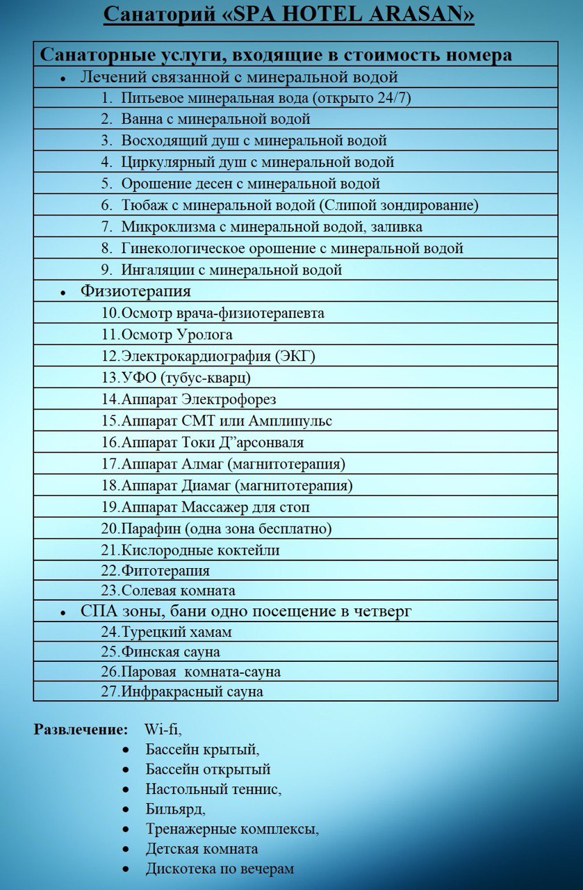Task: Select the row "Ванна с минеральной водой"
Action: [215, 119]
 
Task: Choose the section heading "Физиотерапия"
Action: [136, 291]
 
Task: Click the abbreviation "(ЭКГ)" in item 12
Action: [295, 356]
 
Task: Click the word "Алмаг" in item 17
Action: [202, 464]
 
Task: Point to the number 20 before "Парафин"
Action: [110, 528]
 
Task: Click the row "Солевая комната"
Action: [178, 590]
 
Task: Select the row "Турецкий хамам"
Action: [176, 632]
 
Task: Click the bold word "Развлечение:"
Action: [81, 730]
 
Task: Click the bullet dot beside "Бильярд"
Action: [125, 810]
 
